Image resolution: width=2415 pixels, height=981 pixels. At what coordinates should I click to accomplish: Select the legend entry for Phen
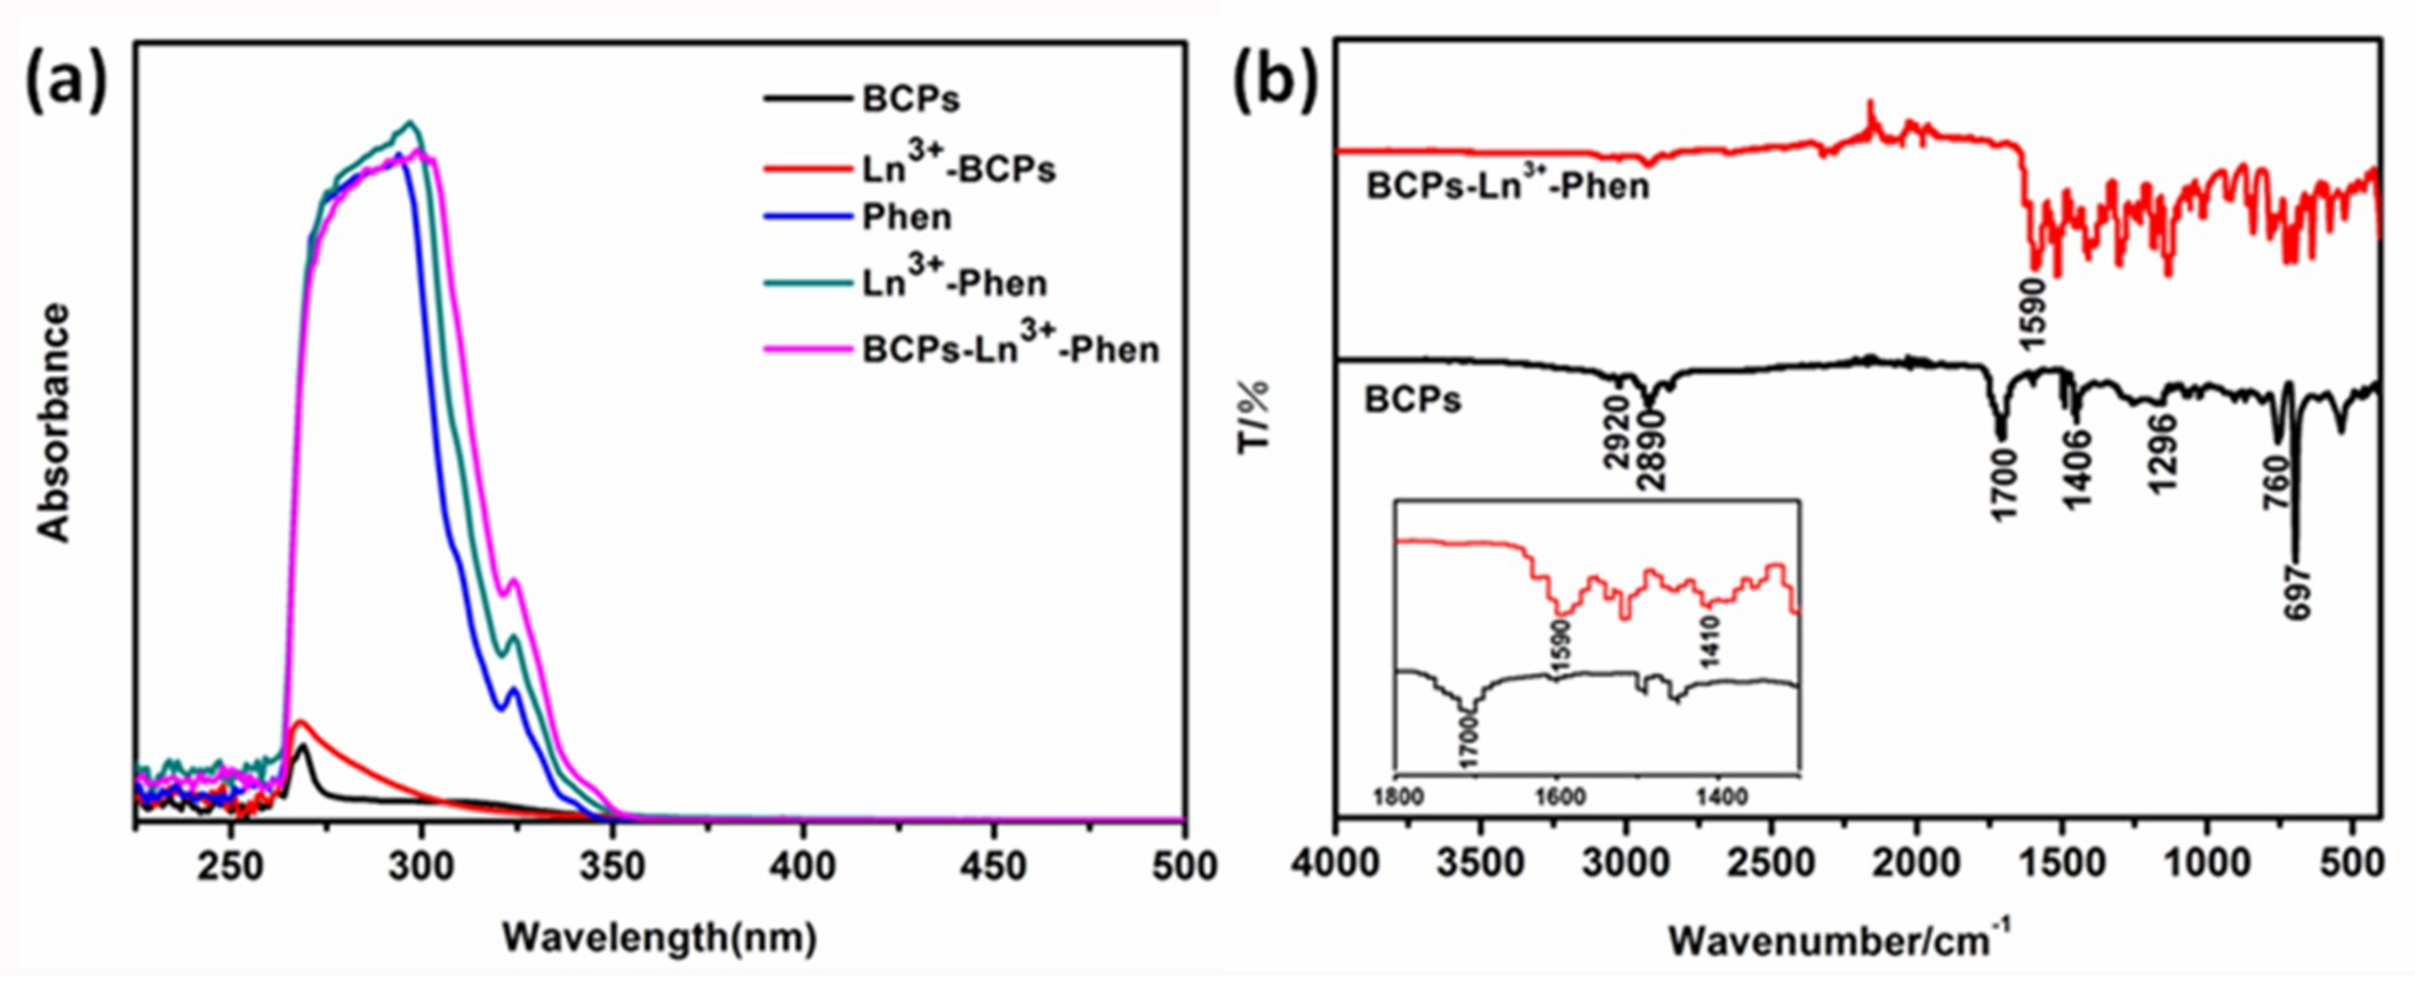pyautogui.click(x=906, y=218)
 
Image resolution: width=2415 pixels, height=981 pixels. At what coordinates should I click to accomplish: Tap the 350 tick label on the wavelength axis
pyautogui.click(x=611, y=866)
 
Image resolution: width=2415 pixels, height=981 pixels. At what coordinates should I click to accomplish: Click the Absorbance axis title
pyautogui.click(x=53, y=422)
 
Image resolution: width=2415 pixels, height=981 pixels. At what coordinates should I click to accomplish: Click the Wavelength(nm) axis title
pyautogui.click(x=659, y=937)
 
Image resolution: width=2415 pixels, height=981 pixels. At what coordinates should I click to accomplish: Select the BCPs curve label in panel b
pyautogui.click(x=1413, y=401)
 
